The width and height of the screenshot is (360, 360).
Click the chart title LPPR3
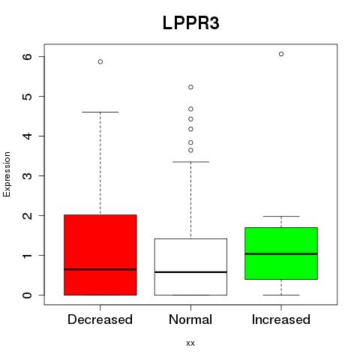tap(191, 23)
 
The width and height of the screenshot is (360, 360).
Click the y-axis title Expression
tap(7, 174)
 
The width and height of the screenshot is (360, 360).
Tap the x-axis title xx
tap(190, 343)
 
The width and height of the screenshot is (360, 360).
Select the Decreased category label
tap(100, 319)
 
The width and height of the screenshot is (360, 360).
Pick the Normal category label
tap(190, 319)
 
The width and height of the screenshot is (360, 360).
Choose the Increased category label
tap(281, 319)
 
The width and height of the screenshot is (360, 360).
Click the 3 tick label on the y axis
tap(28, 175)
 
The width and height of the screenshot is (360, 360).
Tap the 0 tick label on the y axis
tap(28, 295)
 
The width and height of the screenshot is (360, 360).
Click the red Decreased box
tap(100, 255)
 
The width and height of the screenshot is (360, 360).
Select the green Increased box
tap(281, 253)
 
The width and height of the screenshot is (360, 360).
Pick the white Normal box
tap(190, 267)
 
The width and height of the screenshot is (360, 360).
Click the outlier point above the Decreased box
tap(100, 61)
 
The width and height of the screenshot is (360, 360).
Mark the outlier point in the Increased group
tap(281, 54)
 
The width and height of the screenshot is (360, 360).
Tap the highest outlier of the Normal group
tap(190, 87)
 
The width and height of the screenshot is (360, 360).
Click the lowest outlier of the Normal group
tap(190, 150)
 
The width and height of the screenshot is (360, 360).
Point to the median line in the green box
tap(281, 253)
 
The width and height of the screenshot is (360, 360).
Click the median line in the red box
tap(100, 269)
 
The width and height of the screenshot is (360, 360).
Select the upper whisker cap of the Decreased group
tap(100, 112)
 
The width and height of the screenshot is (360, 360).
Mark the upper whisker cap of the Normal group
tap(190, 162)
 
